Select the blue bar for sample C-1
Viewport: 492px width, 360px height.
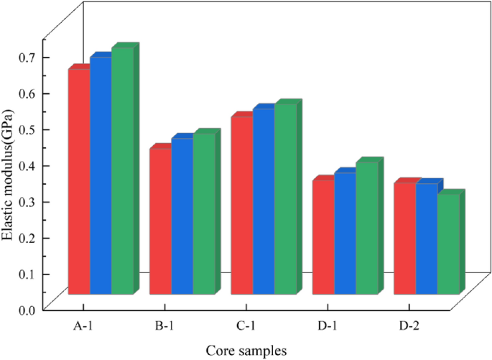[264, 201]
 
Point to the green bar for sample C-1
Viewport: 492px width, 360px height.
[285, 198]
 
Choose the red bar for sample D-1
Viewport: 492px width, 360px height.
[323, 236]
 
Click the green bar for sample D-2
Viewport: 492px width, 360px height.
[448, 244]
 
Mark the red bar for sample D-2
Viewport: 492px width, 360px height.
[404, 238]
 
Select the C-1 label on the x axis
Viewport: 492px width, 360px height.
[246, 327]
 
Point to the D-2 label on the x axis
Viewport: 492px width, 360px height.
[409, 327]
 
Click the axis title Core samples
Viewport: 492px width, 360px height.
[246, 351]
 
